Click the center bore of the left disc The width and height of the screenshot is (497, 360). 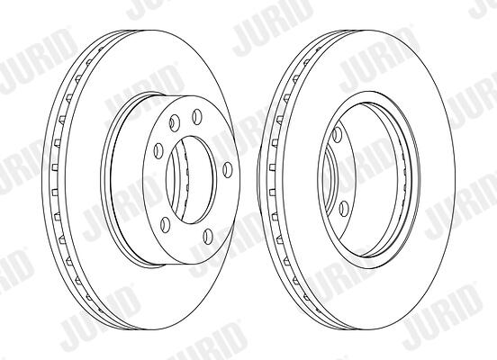pyautogui.click(x=191, y=180)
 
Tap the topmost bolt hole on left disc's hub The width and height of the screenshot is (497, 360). pyautogui.click(x=197, y=116)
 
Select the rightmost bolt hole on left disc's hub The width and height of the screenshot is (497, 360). pyautogui.click(x=227, y=169)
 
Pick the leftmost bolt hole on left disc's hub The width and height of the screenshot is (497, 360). pyautogui.click(x=158, y=150)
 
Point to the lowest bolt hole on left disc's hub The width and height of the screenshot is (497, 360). pyautogui.click(x=208, y=236)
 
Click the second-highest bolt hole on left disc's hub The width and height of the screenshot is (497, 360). pyautogui.click(x=175, y=123)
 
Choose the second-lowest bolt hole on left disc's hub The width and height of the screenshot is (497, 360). pyautogui.click(x=165, y=224)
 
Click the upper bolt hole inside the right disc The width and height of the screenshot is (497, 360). pyautogui.click(x=337, y=134)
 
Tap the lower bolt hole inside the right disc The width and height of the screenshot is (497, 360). pyautogui.click(x=344, y=209)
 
